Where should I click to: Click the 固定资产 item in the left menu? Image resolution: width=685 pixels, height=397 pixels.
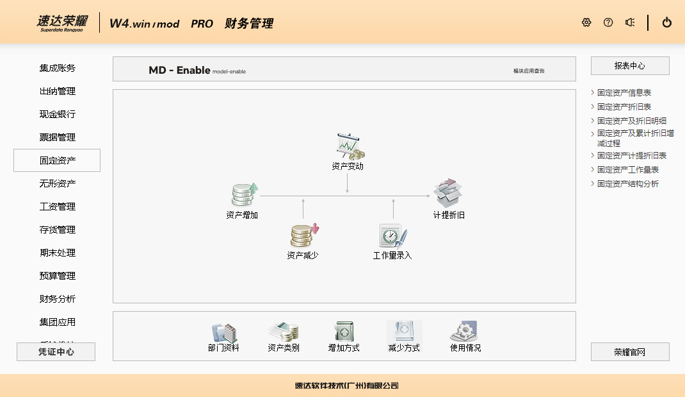coord(57,160)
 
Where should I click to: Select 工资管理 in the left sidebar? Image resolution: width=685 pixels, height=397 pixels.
coord(57,207)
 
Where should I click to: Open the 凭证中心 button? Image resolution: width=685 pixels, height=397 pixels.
coord(56,351)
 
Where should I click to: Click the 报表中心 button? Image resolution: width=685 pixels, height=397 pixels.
coord(629,66)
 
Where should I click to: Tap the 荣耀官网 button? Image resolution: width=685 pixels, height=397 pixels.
coord(629,351)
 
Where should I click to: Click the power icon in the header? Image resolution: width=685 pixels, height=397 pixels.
coord(666,22)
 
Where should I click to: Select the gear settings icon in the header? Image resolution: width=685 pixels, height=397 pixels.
coord(586,22)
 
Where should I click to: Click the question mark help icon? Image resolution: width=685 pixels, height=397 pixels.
coord(608,22)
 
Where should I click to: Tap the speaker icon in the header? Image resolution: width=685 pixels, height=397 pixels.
coord(630,22)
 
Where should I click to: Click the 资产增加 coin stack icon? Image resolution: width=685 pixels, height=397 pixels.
coord(244,195)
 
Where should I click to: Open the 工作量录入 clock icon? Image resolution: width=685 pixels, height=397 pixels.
coord(392,235)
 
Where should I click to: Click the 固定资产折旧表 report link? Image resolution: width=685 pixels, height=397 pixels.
coord(624,106)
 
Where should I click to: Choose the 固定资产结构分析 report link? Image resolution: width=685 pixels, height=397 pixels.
coord(627,183)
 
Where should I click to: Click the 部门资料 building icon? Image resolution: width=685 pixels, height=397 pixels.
coord(223,332)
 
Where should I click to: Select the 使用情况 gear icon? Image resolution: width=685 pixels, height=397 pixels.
coord(464,332)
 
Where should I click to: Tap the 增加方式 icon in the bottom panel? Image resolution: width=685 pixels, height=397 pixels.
coord(344,332)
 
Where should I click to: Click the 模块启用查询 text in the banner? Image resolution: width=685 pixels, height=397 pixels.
coord(528,71)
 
